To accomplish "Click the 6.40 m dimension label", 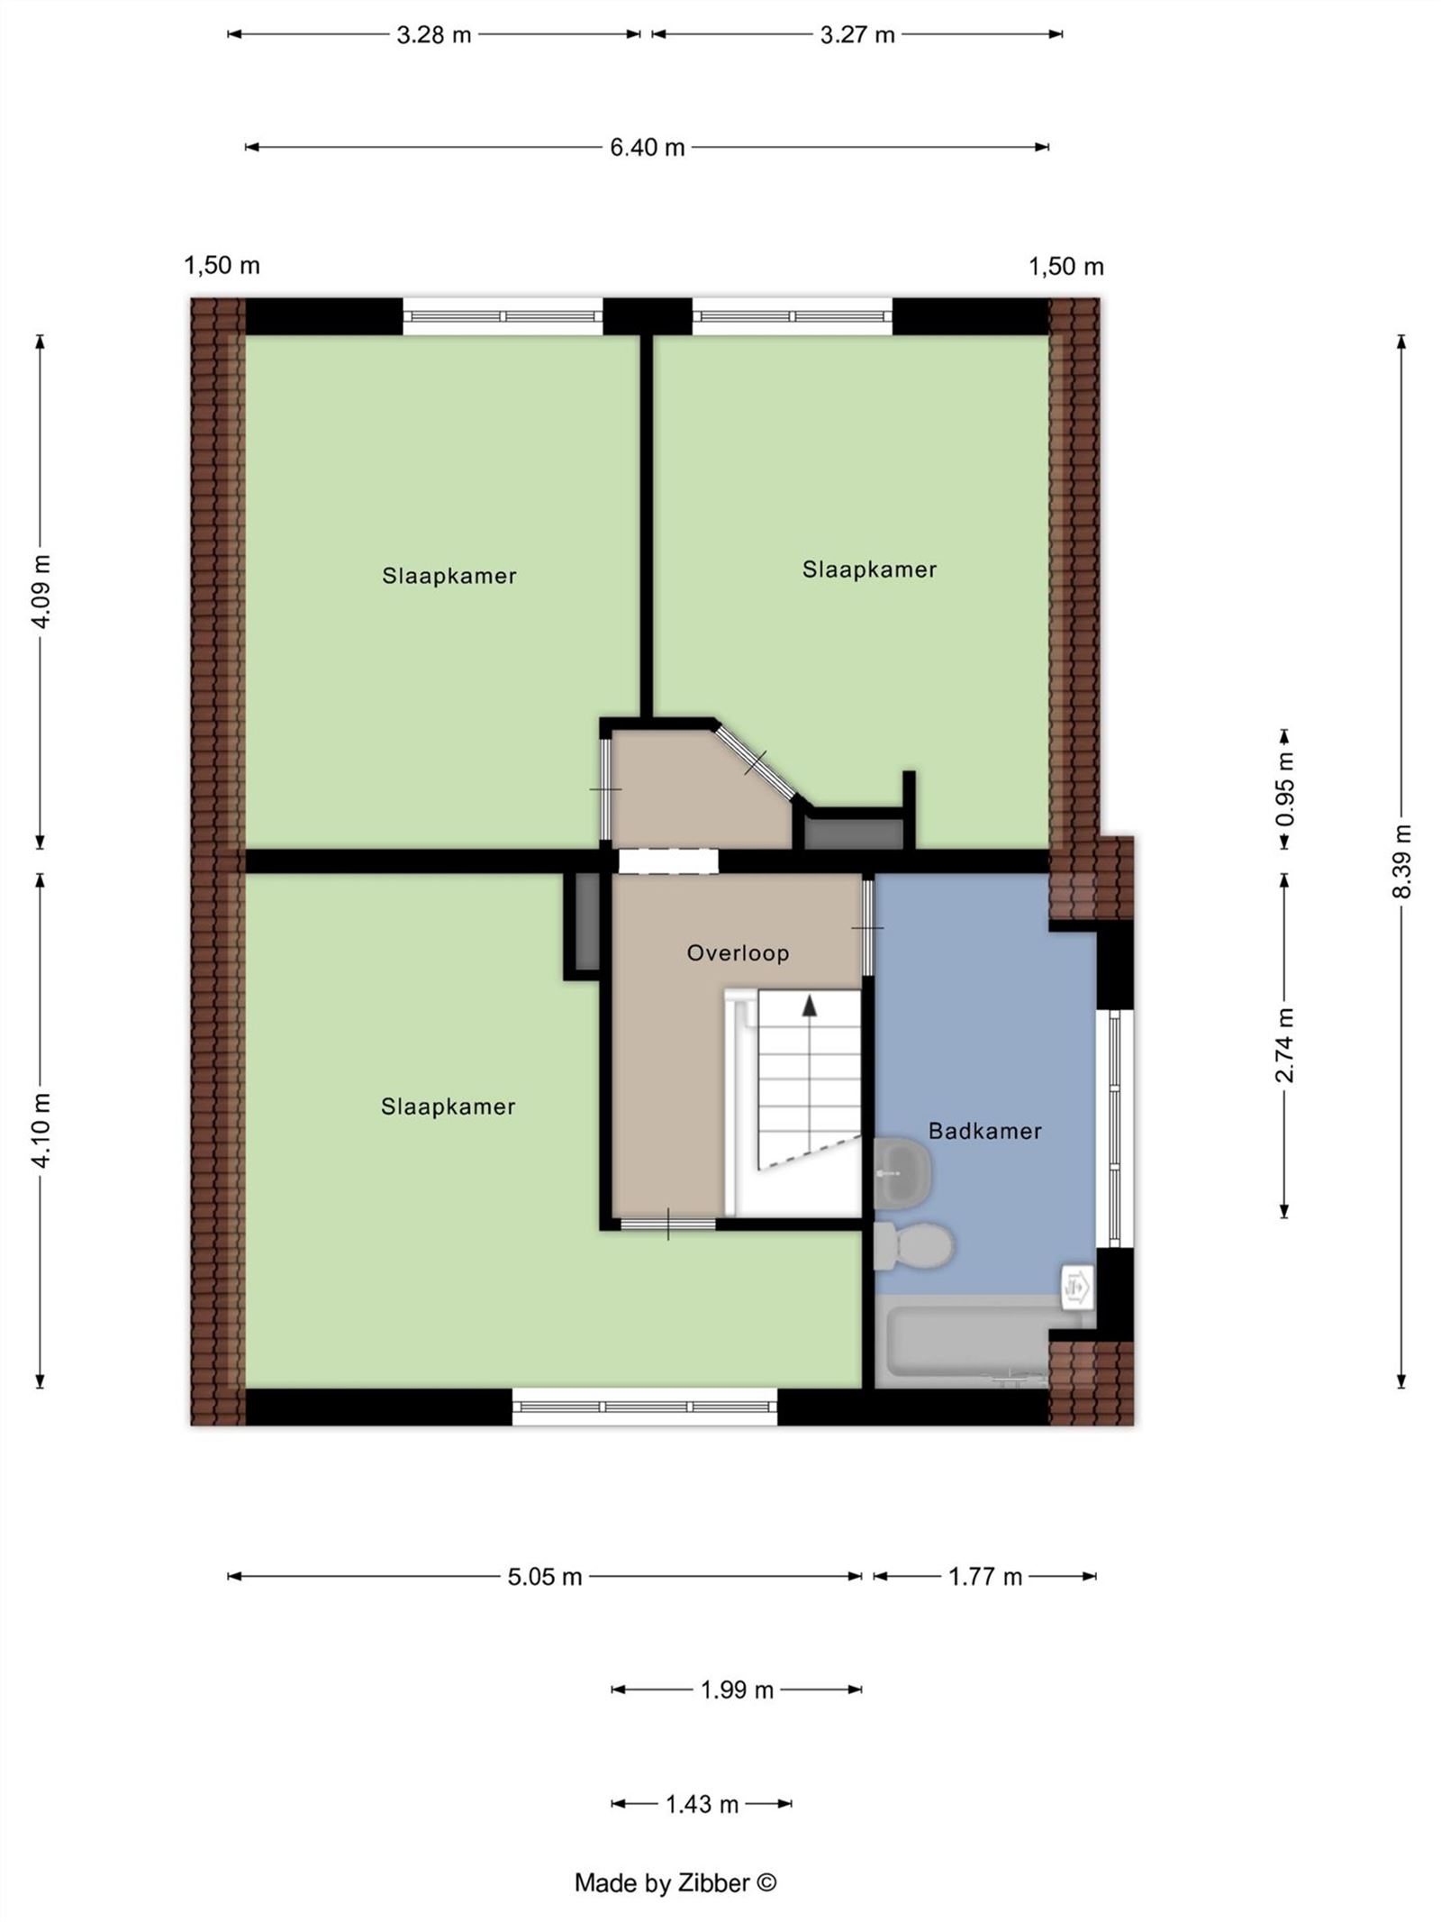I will [x=647, y=147].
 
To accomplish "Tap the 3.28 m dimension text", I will [x=433, y=35].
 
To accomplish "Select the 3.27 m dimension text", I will [x=856, y=35].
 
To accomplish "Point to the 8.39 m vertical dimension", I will [x=1401, y=861].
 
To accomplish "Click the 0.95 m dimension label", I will [x=1285, y=788].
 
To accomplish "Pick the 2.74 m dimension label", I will [x=1285, y=1044].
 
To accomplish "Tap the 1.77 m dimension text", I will [x=984, y=1576].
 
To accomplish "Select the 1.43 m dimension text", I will [x=702, y=1804].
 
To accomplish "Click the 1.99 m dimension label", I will [x=737, y=1690].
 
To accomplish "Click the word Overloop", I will [x=738, y=952].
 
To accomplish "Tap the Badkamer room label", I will [x=984, y=1131].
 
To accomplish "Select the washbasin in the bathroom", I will [x=902, y=1173].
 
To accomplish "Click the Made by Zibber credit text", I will [x=675, y=1882].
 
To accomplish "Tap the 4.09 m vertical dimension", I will [x=41, y=591].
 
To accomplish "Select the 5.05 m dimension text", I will [x=544, y=1576].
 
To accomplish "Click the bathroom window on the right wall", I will [x=1114, y=1126].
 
